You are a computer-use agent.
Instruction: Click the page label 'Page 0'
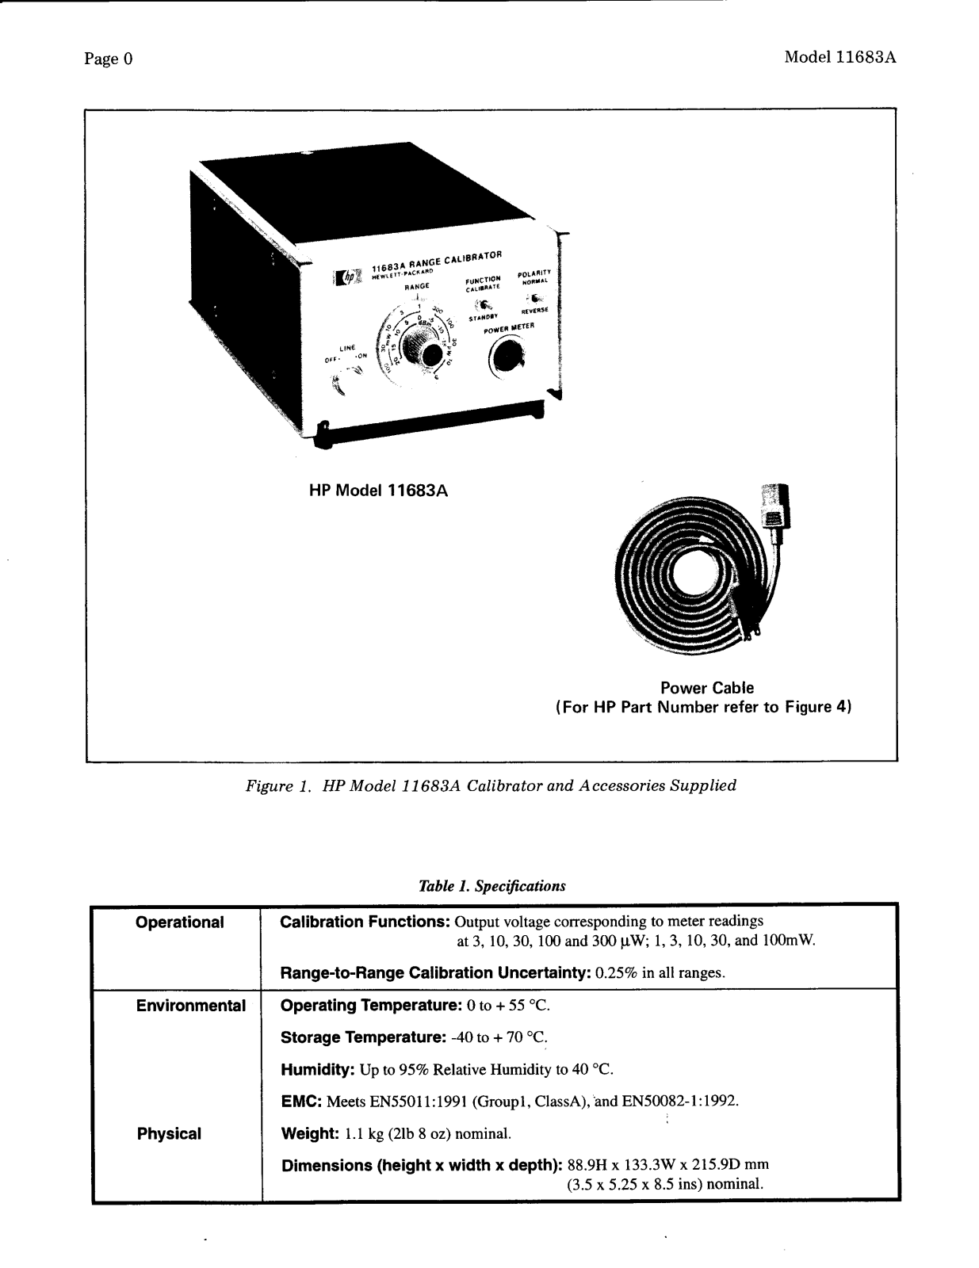coord(109,59)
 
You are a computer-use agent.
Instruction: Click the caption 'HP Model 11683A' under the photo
coord(378,491)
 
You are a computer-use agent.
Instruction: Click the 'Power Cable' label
coord(707,688)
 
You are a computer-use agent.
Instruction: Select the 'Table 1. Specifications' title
coord(491,885)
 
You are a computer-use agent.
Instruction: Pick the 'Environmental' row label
coord(190,1006)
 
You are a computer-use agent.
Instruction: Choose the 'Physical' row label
coord(169,1133)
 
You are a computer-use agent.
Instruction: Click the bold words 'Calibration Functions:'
coord(365,922)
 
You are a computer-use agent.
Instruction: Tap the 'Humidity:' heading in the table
coord(317,1070)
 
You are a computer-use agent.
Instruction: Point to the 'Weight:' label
coord(310,1133)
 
